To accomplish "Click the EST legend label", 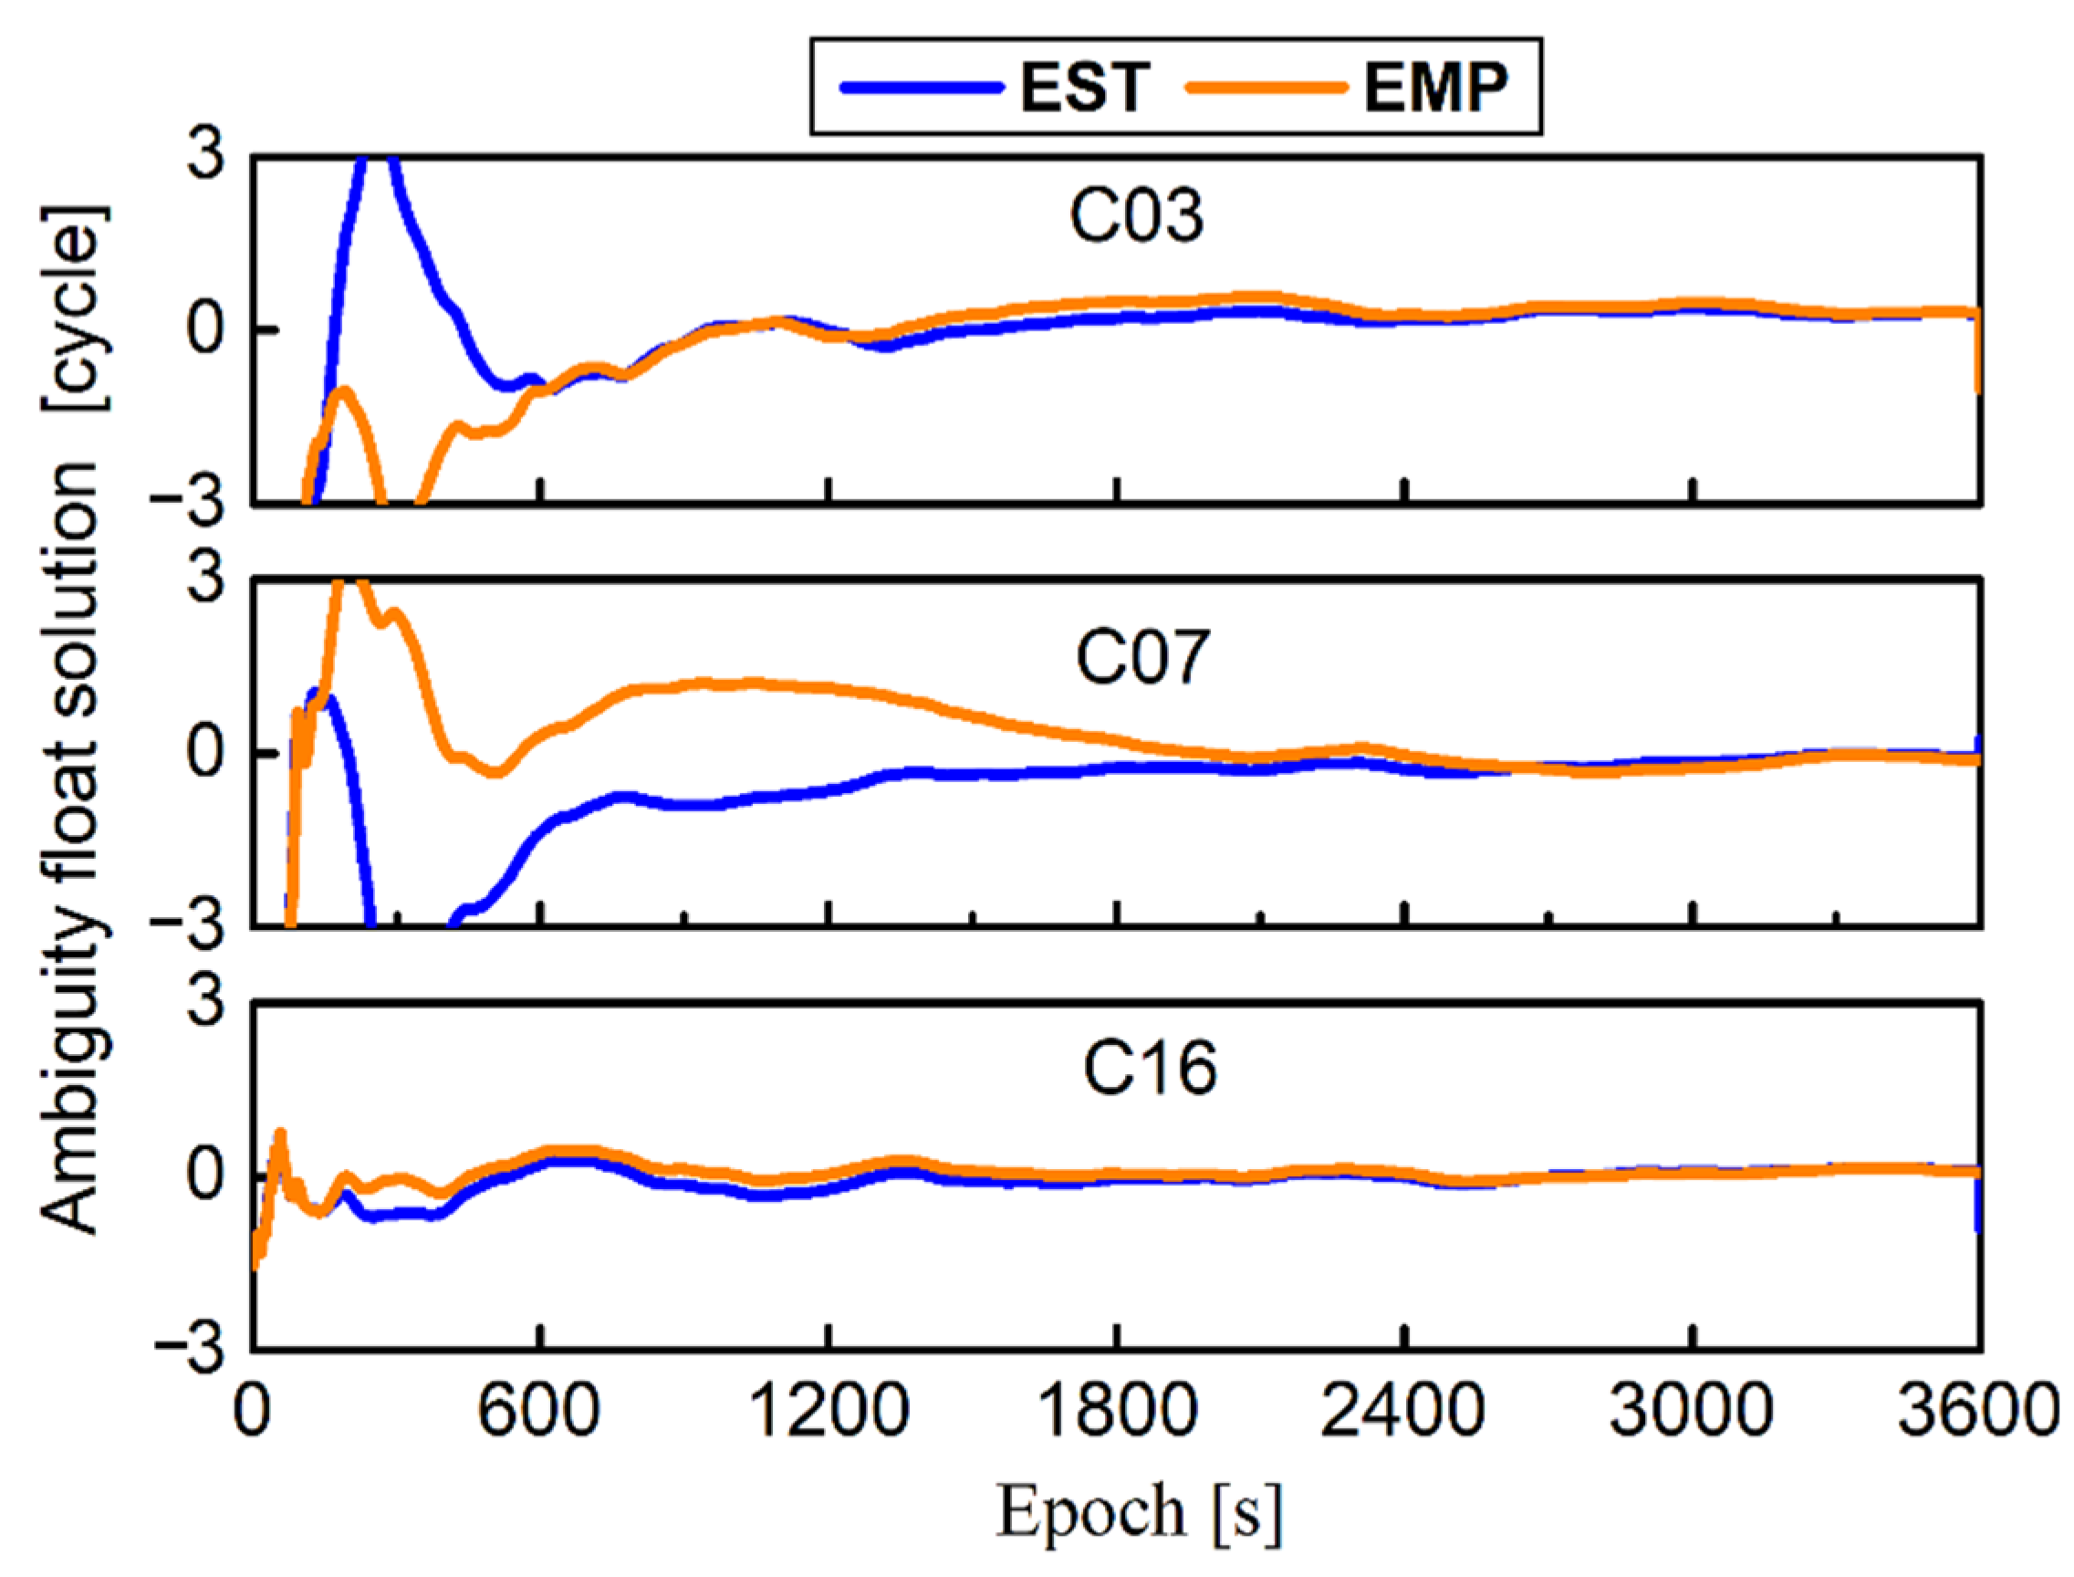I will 1085,88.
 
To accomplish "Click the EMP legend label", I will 1436,88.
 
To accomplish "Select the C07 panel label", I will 1142,656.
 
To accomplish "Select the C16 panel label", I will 1150,1069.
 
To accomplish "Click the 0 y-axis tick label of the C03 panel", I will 205,329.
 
